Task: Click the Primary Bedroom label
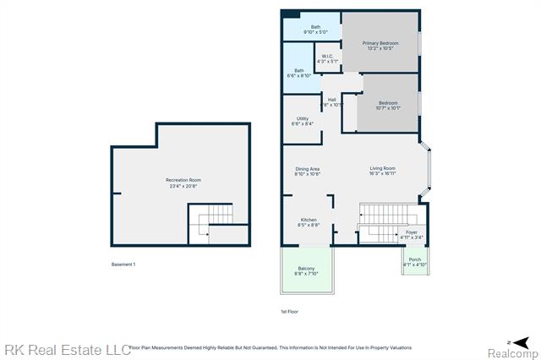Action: pos(380,46)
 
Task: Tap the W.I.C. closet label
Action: pos(326,59)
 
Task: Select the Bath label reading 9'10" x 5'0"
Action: pos(315,30)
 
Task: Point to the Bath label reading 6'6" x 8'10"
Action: pos(299,73)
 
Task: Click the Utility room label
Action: pos(302,121)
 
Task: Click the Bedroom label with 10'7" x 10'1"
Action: pos(387,105)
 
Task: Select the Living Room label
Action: pos(382,171)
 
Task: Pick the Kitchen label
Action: pos(308,222)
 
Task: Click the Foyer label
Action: pos(411,235)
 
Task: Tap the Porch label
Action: pos(414,262)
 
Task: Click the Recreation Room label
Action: pos(183,183)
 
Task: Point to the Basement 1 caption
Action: pos(123,265)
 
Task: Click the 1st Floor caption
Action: pos(289,312)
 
